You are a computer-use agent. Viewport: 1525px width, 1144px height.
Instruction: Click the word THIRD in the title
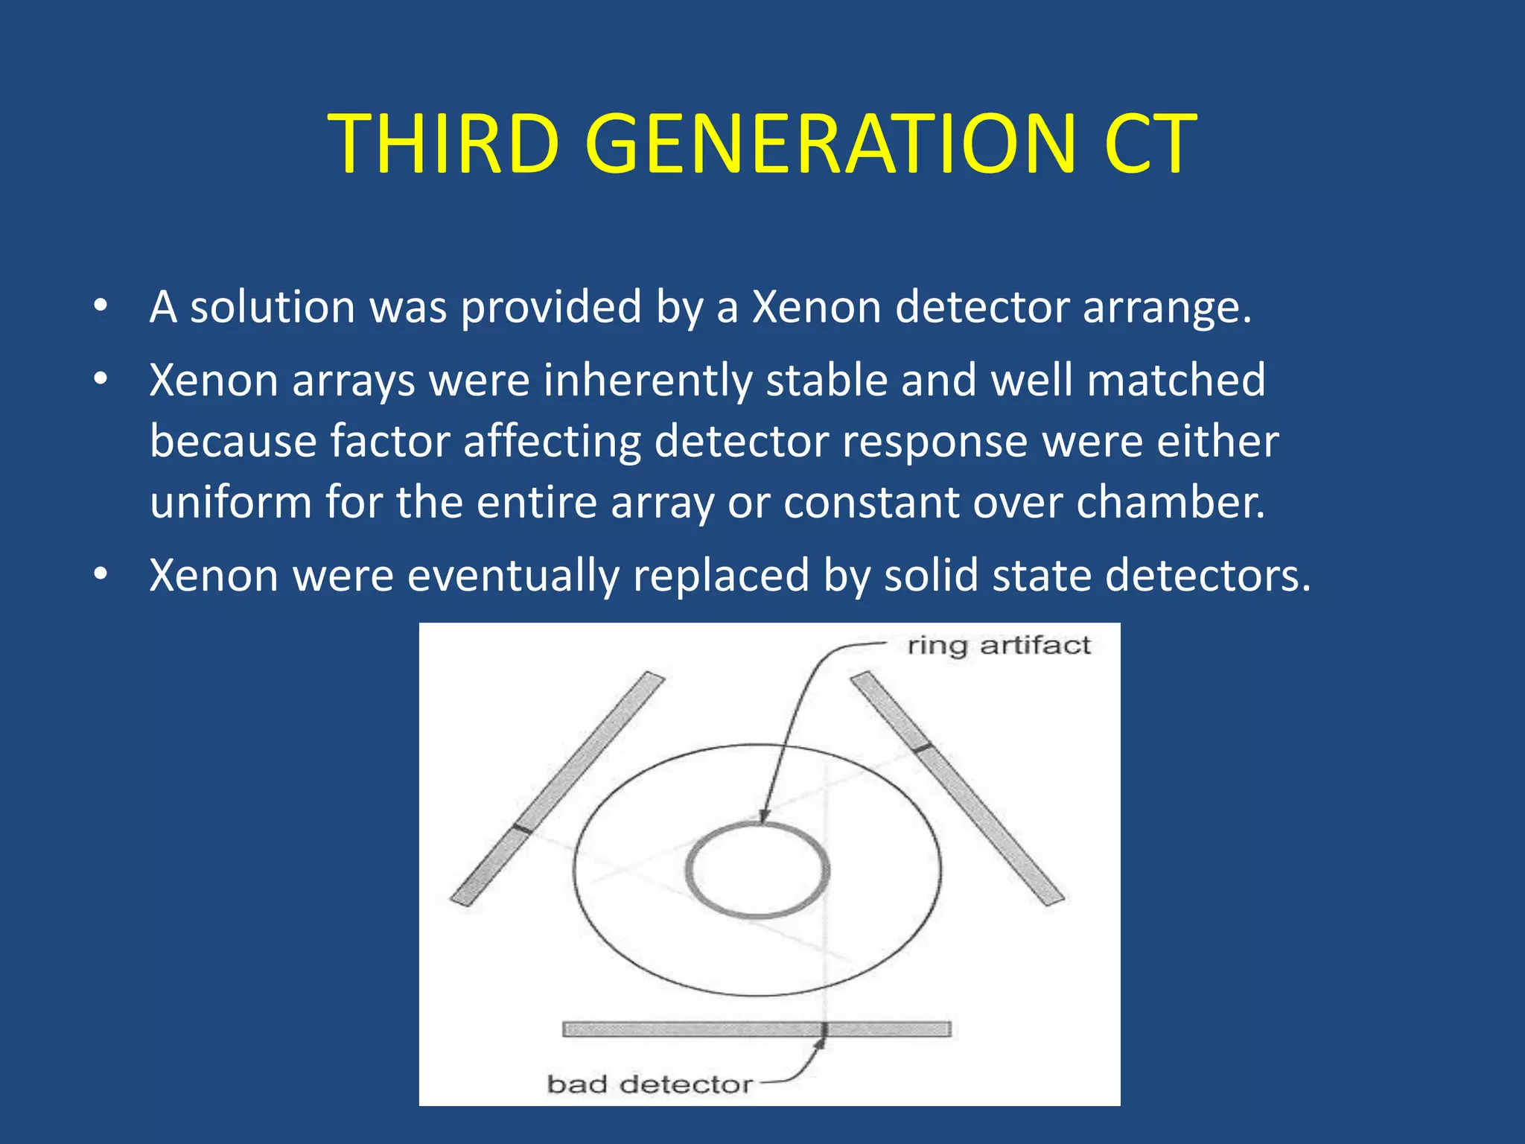[444, 144]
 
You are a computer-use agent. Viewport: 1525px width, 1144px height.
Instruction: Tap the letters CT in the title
[1150, 144]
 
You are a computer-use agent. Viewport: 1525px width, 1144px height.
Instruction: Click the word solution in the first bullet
[273, 307]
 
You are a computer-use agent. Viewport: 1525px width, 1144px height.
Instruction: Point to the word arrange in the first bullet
[1166, 307]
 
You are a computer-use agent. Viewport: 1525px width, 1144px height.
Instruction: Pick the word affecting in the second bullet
[552, 442]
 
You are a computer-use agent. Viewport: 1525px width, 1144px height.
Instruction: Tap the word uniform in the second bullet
[230, 503]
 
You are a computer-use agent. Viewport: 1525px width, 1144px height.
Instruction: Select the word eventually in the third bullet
[513, 576]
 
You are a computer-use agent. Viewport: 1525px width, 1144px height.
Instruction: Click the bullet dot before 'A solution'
[101, 307]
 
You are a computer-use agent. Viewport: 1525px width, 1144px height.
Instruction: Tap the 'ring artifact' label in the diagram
[998, 645]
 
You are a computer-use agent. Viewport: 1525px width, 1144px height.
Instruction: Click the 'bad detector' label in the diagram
[649, 1084]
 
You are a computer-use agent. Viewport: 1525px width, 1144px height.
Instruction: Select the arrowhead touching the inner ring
[763, 817]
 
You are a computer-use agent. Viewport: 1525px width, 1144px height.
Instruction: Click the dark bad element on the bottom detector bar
[824, 1029]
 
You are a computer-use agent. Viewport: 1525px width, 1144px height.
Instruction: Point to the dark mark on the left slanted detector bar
[523, 829]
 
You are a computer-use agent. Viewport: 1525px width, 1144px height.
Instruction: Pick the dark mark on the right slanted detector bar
[923, 747]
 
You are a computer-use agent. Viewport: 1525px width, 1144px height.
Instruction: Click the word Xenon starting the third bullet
[214, 576]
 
